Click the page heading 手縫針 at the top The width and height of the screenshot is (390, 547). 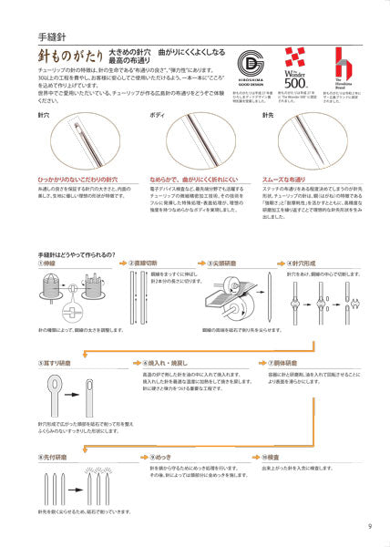pos(54,36)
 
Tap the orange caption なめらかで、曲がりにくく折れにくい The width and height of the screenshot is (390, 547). pos(192,181)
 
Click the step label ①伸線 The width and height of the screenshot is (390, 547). pos(53,263)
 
